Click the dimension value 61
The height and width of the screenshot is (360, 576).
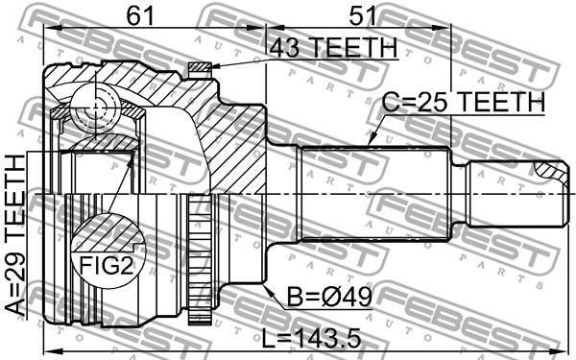coord(139,16)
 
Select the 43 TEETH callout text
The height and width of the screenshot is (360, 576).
coord(333,47)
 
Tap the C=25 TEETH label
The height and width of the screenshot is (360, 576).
coord(464,102)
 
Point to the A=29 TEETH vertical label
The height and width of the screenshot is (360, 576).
coord(16,235)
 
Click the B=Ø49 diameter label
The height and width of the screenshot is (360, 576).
coord(329,298)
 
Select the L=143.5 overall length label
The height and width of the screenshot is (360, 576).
coord(311,339)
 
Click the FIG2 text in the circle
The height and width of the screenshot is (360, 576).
coord(107,266)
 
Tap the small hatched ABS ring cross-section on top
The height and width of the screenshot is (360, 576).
coord(201,67)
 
